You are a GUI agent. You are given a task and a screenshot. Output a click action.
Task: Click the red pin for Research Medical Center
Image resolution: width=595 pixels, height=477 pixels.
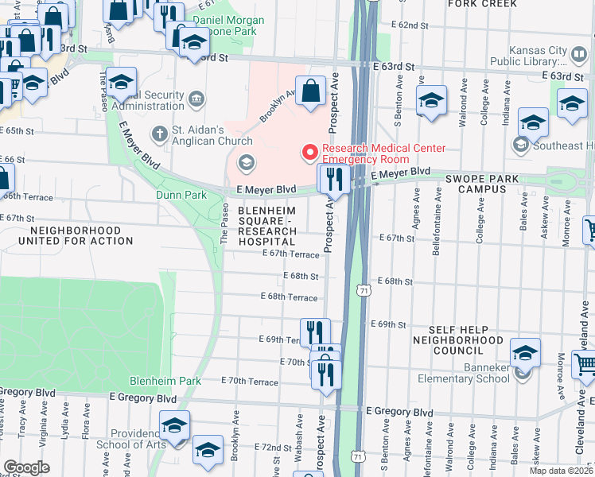point(309,151)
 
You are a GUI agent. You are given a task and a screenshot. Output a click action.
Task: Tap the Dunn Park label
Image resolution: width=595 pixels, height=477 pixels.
point(182,195)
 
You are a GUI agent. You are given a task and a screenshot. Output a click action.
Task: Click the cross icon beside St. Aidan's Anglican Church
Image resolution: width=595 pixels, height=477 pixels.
point(159,133)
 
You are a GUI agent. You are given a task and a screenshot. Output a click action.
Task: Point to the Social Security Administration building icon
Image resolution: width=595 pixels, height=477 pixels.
point(196,100)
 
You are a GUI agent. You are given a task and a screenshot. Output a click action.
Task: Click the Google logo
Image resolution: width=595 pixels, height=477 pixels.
point(26,467)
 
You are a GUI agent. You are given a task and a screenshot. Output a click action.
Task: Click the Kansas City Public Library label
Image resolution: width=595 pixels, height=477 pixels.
point(528,54)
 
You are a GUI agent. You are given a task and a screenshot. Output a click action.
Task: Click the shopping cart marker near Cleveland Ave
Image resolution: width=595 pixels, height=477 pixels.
point(585,365)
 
